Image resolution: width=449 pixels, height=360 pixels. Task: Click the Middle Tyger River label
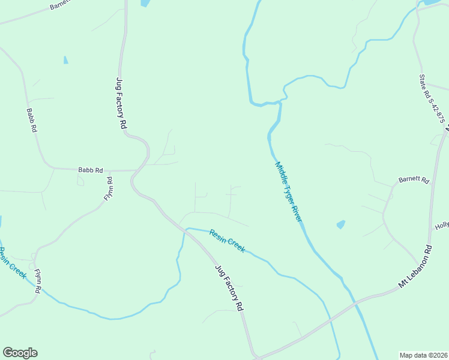pos(288,191)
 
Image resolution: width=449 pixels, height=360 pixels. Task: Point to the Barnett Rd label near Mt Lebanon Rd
pos(415,180)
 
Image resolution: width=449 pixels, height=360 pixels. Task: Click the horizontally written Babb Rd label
pos(91,170)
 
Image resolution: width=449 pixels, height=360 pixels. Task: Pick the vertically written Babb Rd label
pos(32,120)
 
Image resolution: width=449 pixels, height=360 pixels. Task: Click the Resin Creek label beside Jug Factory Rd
pos(227,241)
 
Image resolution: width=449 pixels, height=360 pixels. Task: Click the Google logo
pos(20,353)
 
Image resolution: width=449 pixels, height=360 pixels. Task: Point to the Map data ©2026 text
pos(423,355)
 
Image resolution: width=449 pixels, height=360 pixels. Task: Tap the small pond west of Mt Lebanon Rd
pos(341,225)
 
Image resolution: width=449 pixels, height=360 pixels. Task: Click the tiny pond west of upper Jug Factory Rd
pos(65,60)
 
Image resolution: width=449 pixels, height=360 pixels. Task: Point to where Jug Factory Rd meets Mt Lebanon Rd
pos(256,356)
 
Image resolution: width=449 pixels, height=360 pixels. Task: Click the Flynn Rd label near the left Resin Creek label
pos(37,280)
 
